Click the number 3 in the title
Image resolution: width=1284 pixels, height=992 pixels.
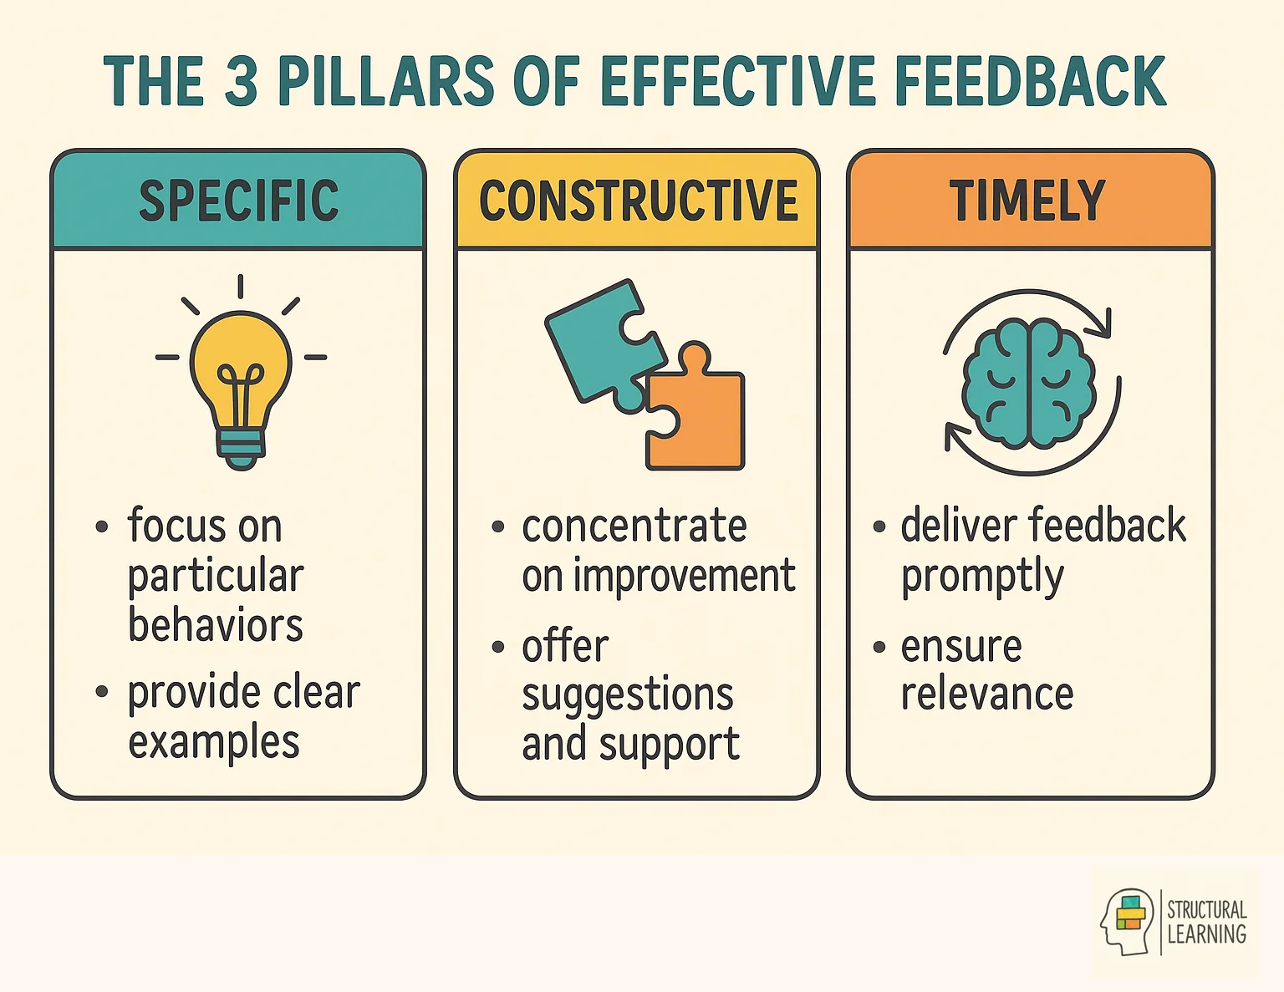click(x=241, y=81)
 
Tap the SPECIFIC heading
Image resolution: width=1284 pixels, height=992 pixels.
click(x=239, y=201)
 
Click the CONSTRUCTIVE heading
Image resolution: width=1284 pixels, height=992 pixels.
click(x=639, y=201)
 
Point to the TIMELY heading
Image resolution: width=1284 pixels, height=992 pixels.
click(x=1027, y=201)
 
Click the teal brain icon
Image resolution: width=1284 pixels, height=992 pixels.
click(x=1029, y=383)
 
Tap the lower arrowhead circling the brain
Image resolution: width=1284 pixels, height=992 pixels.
click(x=954, y=436)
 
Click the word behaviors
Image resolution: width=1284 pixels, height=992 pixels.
click(x=215, y=625)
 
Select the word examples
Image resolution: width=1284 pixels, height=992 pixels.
click(x=213, y=743)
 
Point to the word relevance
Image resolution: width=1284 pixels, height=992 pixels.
click(x=986, y=694)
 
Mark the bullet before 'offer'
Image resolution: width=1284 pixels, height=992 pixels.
click(x=499, y=647)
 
